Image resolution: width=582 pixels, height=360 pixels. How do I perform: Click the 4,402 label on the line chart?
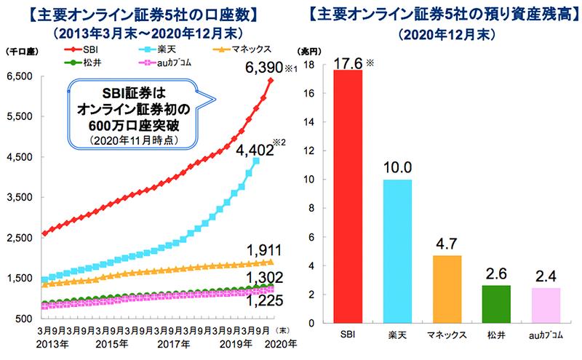click(x=254, y=151)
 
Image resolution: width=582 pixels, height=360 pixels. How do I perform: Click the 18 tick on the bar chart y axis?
click(x=309, y=65)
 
